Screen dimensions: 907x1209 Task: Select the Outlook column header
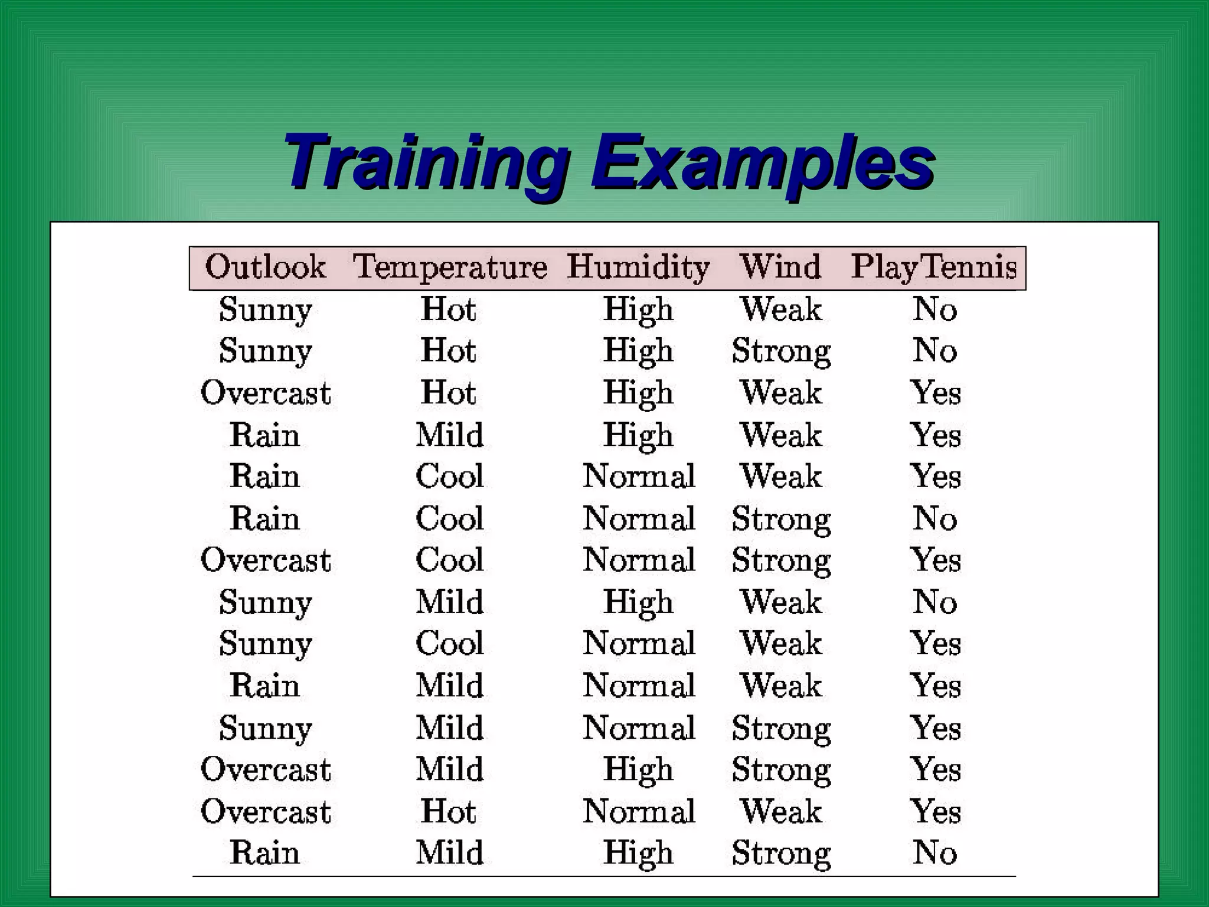[265, 267]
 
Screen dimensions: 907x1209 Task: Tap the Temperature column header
[450, 267]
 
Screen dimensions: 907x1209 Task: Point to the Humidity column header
[638, 267]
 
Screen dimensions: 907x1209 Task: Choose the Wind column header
[780, 267]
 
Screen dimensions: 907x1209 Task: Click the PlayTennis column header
[934, 267]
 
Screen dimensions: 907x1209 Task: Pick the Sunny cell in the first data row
[265, 309]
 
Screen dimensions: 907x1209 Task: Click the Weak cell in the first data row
[780, 309]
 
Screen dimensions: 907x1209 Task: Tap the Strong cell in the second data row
[780, 351]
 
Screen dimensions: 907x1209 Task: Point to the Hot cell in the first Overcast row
[449, 393]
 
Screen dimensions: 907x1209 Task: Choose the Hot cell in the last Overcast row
[449, 811]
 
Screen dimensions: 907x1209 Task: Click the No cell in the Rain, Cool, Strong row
[934, 519]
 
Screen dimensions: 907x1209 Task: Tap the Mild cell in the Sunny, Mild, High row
[450, 602]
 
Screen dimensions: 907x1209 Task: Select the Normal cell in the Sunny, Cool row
[639, 644]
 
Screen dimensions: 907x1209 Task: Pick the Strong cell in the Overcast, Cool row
[780, 560]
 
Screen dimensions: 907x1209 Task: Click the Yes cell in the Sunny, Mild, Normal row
[935, 727]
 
